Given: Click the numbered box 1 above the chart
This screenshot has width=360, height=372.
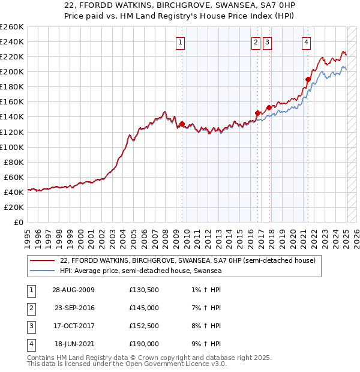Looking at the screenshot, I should click(x=181, y=42).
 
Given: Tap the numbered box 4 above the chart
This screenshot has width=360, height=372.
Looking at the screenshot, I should click(x=306, y=42).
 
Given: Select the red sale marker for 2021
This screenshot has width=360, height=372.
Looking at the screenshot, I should click(x=308, y=79).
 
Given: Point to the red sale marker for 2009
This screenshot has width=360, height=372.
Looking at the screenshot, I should click(x=182, y=124).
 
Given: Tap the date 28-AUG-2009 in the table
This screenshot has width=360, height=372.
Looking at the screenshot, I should click(x=73, y=290).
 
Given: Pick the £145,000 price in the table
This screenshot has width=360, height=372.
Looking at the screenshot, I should click(x=144, y=308).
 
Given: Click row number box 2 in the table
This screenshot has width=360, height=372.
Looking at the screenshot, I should click(x=29, y=308).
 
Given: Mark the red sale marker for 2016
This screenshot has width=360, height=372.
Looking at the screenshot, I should click(x=257, y=113).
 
